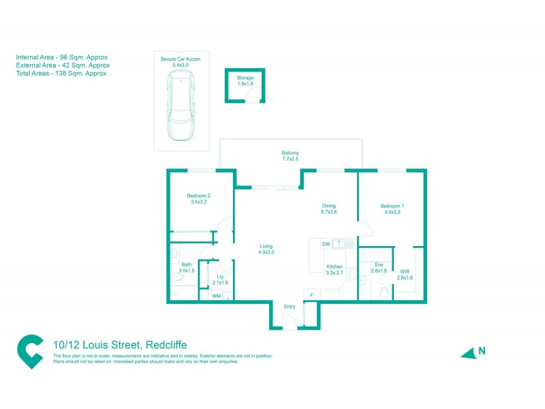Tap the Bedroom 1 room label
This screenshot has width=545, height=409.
click(392, 209)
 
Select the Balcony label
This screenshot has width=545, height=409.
click(290, 155)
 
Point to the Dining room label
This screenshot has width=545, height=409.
click(329, 209)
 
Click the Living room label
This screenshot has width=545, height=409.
click(266, 249)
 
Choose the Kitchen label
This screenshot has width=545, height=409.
click(334, 269)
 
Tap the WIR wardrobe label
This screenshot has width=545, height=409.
click(405, 274)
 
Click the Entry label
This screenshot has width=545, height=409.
click(290, 307)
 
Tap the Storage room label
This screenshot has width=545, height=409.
click(245, 81)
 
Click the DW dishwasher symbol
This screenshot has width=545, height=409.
click(326, 243)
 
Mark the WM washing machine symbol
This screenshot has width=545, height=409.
click(217, 296)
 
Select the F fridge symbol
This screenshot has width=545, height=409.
click(311, 294)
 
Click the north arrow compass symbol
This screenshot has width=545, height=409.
click(469, 352)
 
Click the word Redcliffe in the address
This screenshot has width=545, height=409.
click(165, 345)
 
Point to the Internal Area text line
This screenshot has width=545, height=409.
click(62, 57)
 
